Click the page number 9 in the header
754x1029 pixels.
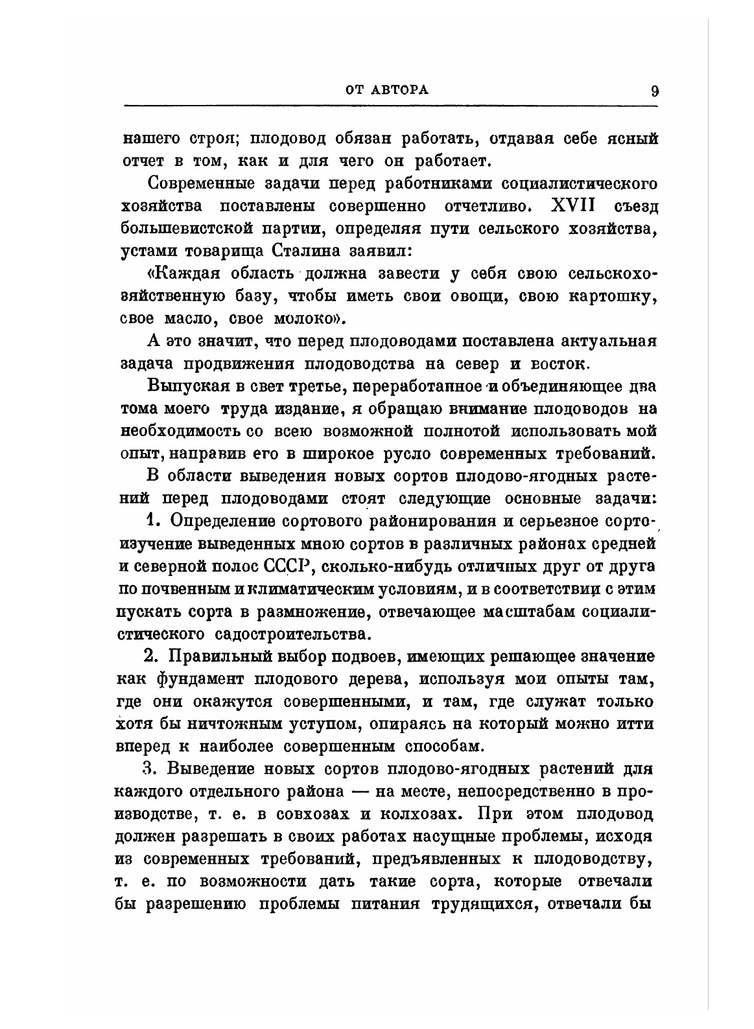click(655, 91)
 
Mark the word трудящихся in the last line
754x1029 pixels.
click(482, 904)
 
